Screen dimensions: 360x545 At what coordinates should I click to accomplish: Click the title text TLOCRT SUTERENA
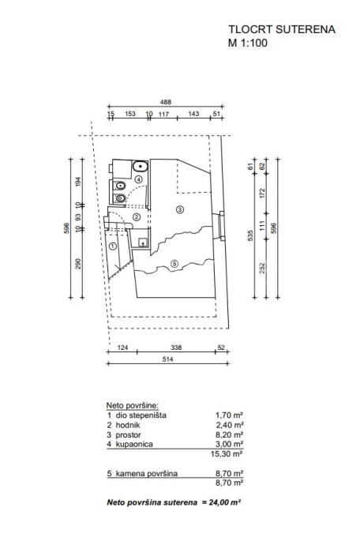(282, 29)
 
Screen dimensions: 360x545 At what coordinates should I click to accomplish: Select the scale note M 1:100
(248, 43)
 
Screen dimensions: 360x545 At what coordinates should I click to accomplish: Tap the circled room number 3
(180, 209)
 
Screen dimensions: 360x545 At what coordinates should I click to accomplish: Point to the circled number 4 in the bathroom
(139, 180)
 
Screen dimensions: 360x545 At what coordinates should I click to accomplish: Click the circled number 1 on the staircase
(112, 246)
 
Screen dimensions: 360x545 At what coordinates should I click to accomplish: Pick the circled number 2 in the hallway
(137, 217)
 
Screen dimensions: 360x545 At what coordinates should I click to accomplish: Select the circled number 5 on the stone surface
(174, 264)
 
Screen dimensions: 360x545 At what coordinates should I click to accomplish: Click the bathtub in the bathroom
(140, 166)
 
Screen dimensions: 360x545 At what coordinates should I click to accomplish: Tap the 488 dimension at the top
(166, 102)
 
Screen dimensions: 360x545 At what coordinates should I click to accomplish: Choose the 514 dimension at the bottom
(167, 359)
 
